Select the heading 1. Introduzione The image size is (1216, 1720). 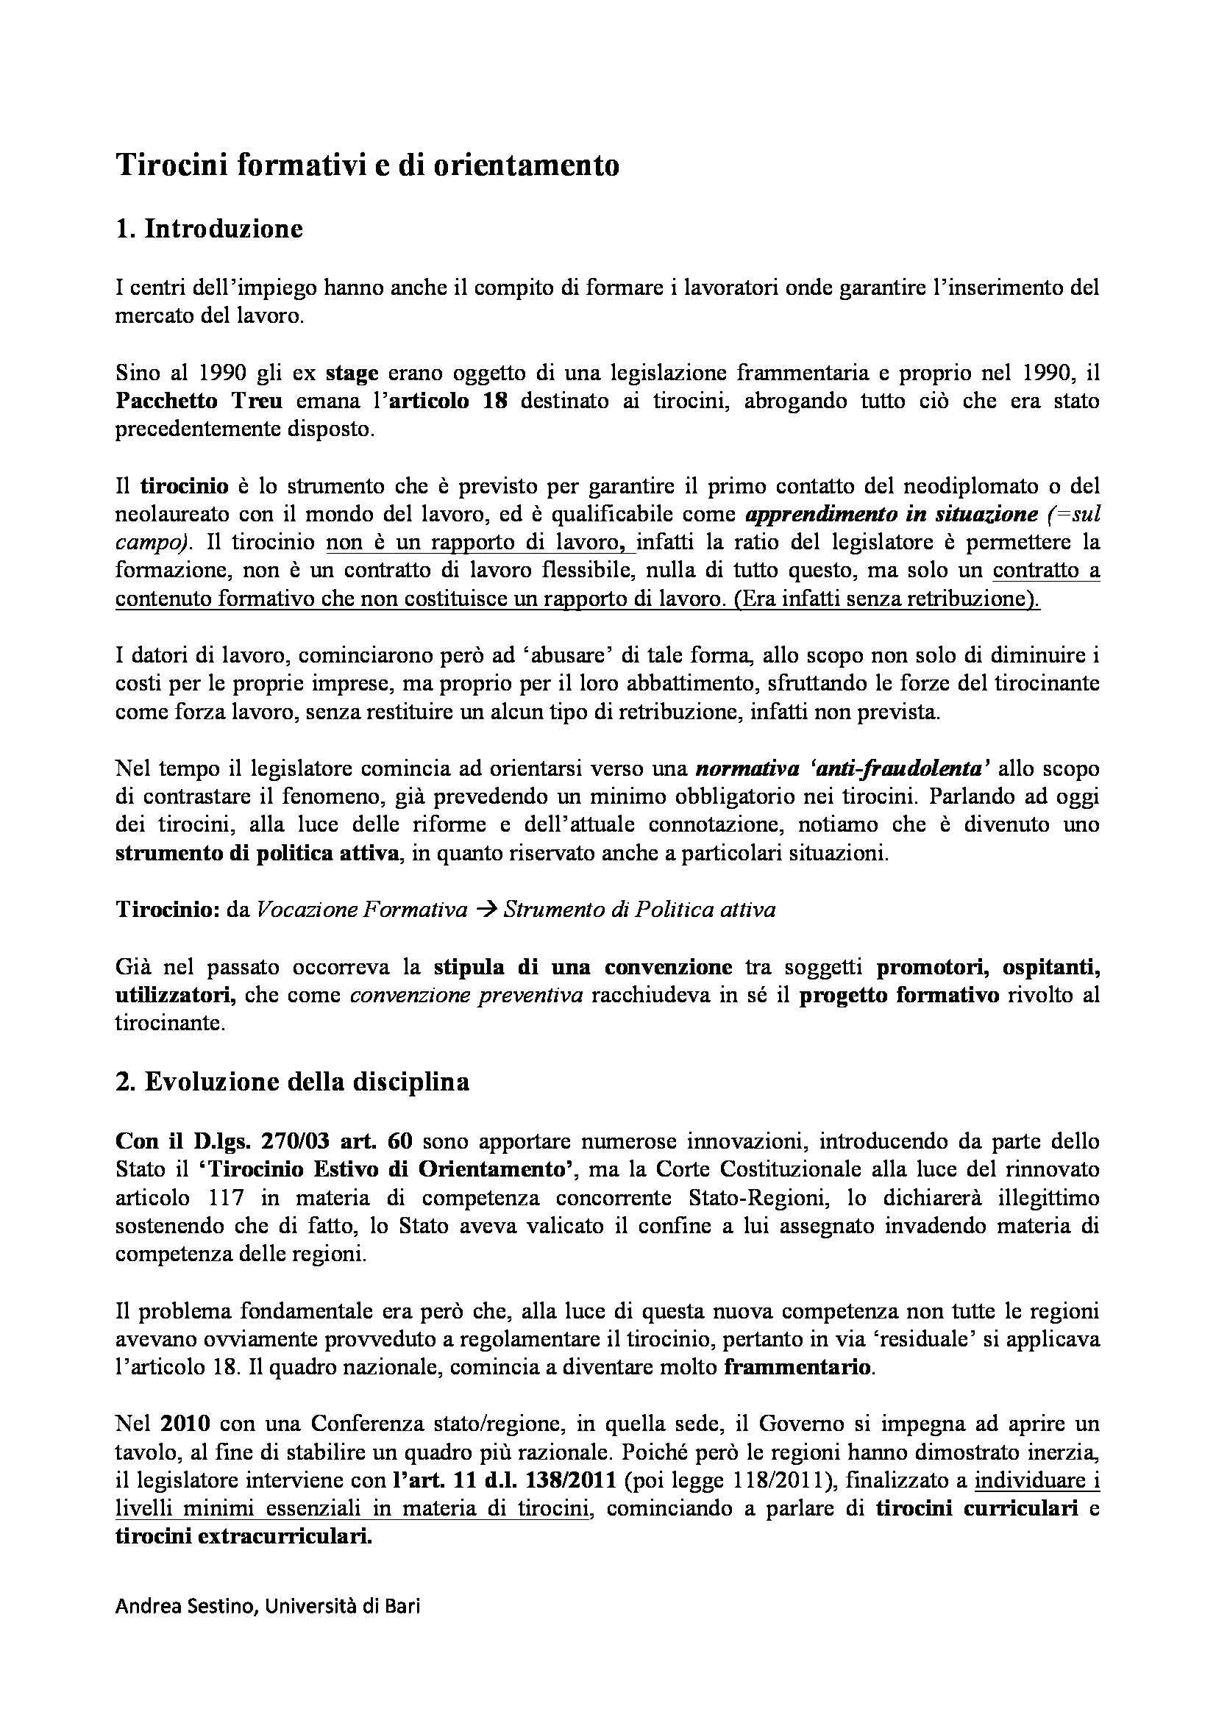[209, 228]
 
